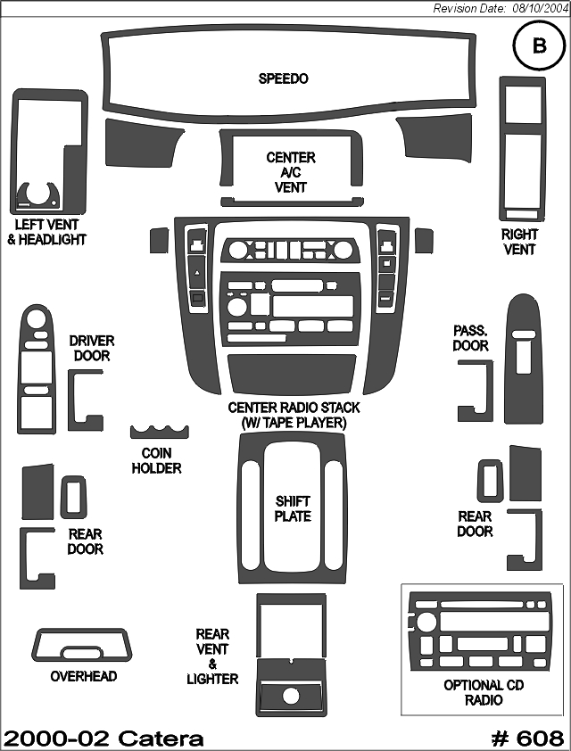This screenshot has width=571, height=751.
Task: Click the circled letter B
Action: [539, 45]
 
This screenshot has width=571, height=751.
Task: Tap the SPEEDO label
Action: [283, 78]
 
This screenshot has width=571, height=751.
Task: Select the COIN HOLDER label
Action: [157, 460]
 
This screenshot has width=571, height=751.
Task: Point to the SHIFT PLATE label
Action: [293, 508]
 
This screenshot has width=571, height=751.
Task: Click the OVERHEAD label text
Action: [84, 676]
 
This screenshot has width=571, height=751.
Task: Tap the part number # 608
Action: [528, 739]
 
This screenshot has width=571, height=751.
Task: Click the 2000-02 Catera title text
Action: [103, 739]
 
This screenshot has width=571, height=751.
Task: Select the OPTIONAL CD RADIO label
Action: [484, 692]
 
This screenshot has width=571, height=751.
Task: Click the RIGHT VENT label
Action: [519, 242]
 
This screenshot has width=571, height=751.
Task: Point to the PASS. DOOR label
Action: [470, 338]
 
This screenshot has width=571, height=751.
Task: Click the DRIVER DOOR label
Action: [92, 348]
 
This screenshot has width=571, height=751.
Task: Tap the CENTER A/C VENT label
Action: [291, 172]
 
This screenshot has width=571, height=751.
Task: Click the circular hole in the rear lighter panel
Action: [291, 696]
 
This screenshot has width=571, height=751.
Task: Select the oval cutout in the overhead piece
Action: [81, 652]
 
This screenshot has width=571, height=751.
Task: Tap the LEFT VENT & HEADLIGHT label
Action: [46, 232]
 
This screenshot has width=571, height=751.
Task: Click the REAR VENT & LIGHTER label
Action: [212, 656]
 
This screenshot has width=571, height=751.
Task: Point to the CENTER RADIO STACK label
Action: [294, 415]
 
